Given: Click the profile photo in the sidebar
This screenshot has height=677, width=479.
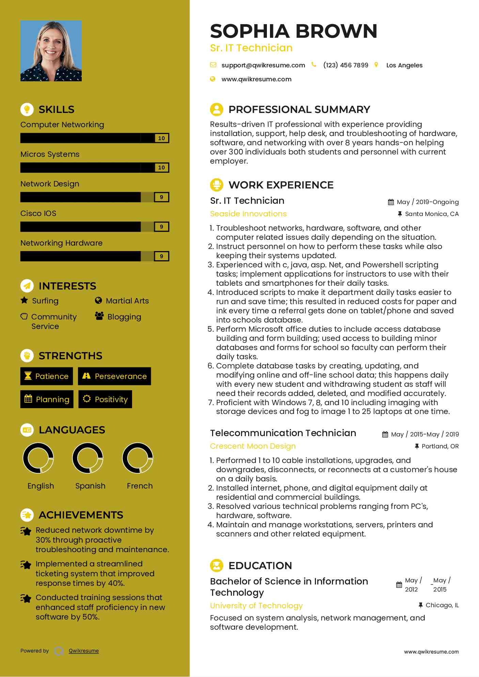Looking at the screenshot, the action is [51, 51].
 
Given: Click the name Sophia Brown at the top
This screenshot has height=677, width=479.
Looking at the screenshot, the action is [293, 31].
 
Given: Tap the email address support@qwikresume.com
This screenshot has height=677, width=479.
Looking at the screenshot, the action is [263, 65].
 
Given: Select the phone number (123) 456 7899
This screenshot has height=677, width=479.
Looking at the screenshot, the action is [346, 65].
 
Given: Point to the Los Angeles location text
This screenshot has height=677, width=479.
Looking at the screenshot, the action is [404, 65].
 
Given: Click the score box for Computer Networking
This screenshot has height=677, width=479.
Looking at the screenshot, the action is [161, 138].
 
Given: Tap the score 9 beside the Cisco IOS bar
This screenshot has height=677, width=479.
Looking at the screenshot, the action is [161, 227].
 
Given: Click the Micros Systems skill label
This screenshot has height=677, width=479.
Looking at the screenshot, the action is [50, 154].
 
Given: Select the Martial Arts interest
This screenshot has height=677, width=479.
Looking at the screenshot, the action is [127, 301].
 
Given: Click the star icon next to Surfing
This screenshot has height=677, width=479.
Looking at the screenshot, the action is [24, 300].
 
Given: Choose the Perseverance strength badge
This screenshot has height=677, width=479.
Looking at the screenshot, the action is [114, 376].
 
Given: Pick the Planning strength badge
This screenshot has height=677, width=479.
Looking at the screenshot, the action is [47, 399].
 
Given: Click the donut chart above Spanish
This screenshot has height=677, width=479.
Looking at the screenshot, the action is [88, 458].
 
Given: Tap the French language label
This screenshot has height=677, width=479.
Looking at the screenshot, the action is [140, 486].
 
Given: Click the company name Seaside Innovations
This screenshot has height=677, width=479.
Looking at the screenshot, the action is [248, 214].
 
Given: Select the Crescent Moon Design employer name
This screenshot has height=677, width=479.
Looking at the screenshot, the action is [253, 446].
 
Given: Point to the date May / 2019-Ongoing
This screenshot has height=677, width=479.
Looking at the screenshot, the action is [427, 202].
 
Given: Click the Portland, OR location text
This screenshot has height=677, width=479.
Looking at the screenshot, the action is [440, 446].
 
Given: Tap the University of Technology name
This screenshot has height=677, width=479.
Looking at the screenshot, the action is [256, 606].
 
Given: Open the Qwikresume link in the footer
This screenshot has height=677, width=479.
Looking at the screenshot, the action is [84, 651].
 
